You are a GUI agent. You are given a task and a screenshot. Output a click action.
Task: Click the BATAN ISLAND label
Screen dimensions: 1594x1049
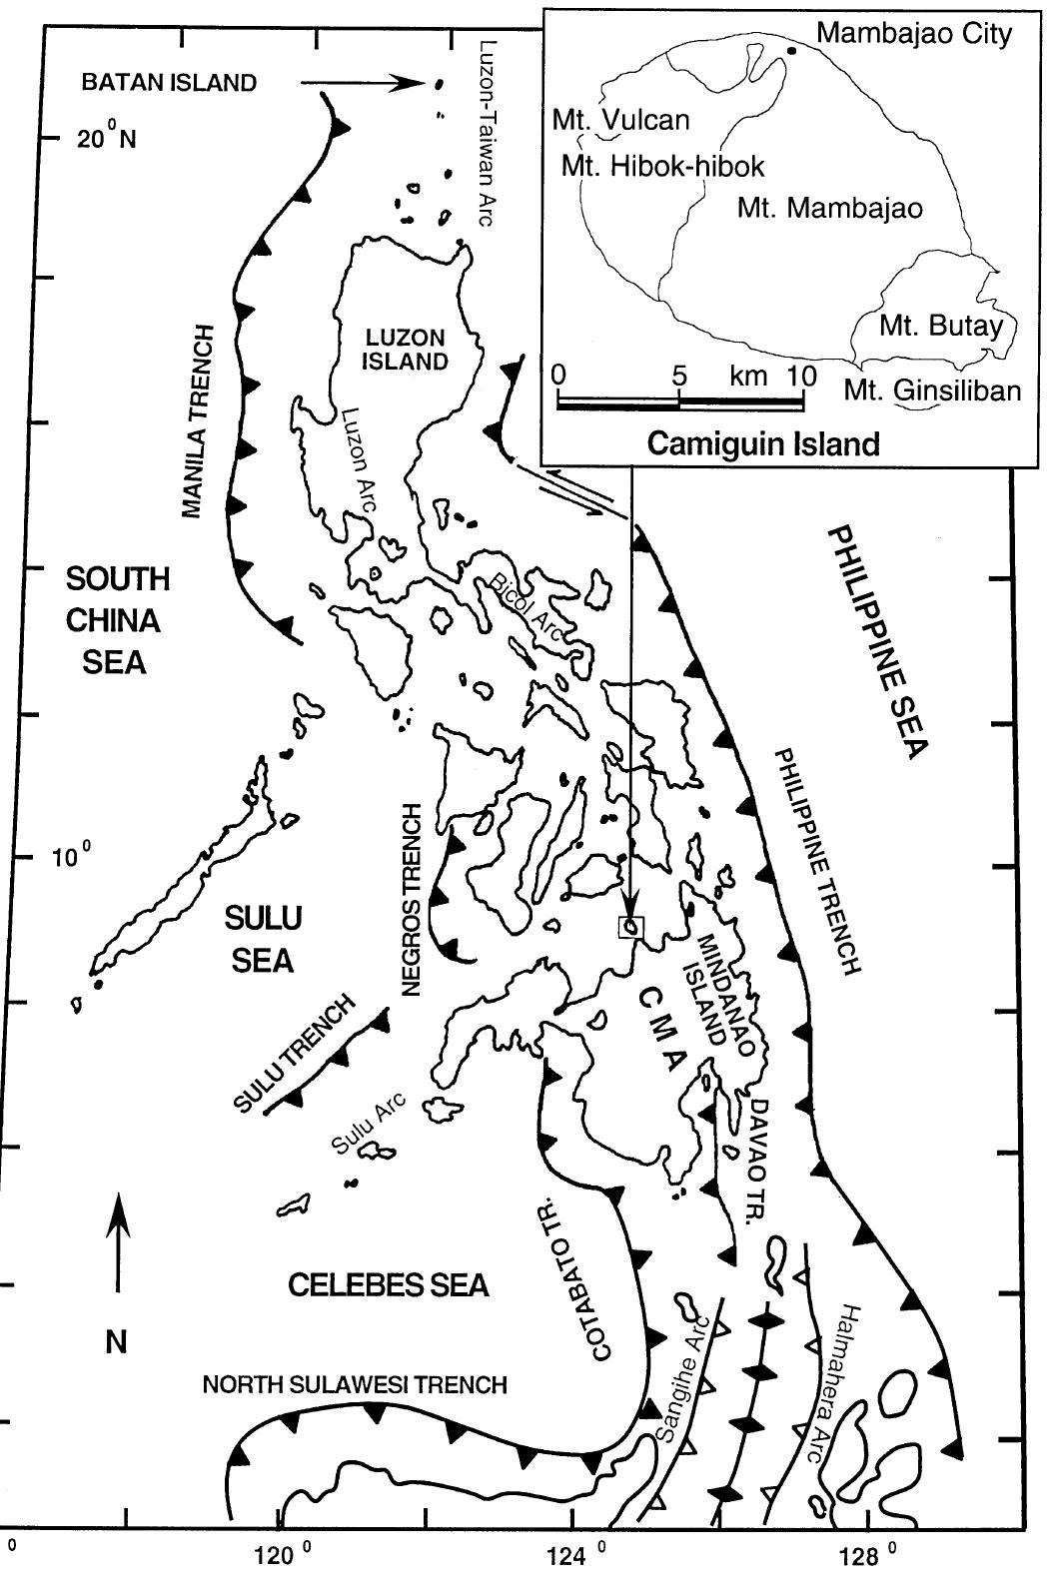(169, 83)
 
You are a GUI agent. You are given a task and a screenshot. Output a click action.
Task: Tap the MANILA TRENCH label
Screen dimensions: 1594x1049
(200, 420)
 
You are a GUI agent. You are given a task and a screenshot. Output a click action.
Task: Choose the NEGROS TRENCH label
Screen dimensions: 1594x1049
(412, 899)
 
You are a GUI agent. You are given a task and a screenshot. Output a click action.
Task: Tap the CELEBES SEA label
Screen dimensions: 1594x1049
(389, 1284)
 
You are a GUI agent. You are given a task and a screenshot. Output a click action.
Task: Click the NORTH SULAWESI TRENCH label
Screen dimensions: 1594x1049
(355, 1384)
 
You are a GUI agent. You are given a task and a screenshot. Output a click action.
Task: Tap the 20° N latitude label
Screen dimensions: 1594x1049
(107, 140)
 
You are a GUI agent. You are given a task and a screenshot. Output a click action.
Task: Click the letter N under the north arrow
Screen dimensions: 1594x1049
(117, 1342)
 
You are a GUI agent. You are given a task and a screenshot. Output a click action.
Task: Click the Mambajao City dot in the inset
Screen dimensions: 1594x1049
(791, 50)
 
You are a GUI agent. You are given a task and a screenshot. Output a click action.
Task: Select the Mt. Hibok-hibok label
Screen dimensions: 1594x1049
(662, 166)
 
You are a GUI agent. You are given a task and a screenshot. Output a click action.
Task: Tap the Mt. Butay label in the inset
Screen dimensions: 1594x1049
(939, 326)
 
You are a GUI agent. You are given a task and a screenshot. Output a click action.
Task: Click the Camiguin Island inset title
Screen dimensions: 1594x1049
(763, 443)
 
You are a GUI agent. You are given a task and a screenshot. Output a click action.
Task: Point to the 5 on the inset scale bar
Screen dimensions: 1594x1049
(679, 377)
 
